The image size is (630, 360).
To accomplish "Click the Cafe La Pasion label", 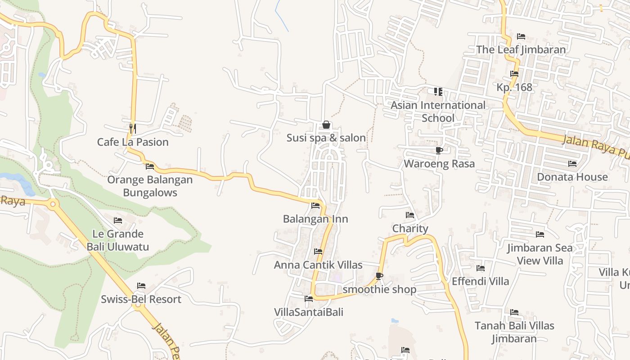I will (133, 142).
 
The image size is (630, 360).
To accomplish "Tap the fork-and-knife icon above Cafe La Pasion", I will (133, 128).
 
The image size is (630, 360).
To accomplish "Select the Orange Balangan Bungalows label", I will (150, 186).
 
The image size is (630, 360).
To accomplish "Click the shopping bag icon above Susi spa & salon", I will (326, 125).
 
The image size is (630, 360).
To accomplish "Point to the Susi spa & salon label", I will (326, 138).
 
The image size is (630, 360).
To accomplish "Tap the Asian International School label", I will (438, 112).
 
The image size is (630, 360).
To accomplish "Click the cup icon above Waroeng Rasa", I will (439, 150).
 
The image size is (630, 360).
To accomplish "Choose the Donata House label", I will (572, 177).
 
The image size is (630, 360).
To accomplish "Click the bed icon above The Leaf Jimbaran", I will (521, 36).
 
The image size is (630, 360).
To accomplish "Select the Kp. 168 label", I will (515, 87).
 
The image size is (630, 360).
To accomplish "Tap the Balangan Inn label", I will (315, 219).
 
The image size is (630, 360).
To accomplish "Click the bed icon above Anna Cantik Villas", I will (318, 252).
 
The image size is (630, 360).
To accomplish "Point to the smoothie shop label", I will (379, 289).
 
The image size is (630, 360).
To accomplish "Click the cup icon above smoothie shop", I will (379, 276).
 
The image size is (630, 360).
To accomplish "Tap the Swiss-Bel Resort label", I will (141, 299).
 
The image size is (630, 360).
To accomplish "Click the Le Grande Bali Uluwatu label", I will (118, 240).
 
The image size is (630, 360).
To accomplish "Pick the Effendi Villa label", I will (481, 281).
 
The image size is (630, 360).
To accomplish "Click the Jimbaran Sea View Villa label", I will (540, 254).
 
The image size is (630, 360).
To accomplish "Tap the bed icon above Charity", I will (409, 216).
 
